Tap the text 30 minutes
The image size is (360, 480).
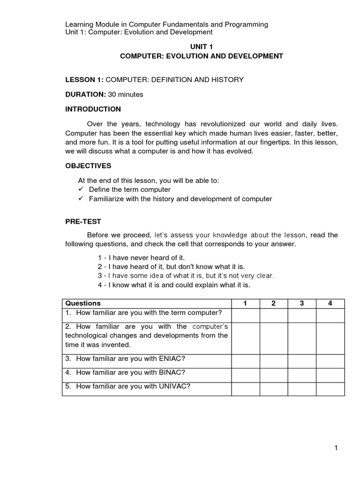tap(126, 95)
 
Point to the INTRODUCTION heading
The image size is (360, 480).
tap(93, 109)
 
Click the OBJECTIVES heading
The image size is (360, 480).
tap(88, 166)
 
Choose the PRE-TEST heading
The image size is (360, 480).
tap(83, 221)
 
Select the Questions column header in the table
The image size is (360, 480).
tap(83, 303)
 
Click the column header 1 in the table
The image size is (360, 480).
tap(245, 303)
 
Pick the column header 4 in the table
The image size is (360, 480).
tap(330, 303)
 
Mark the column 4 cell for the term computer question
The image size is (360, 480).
tap(330, 315)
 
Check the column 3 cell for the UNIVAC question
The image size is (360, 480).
tap(301, 389)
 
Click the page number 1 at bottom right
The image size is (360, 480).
tap(336, 449)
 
